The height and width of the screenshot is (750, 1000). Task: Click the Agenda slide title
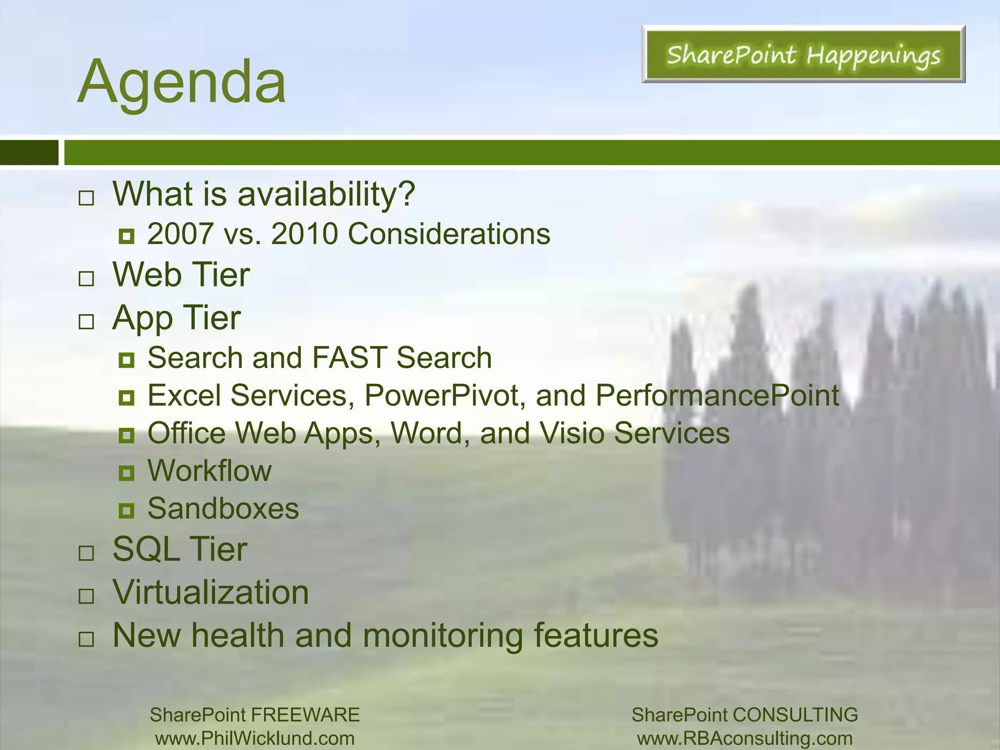click(x=182, y=82)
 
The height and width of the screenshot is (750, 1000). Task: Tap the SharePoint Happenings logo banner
click(x=803, y=54)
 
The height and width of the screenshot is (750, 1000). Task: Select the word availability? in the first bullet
click(x=326, y=194)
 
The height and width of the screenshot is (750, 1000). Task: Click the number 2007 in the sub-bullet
click(x=180, y=234)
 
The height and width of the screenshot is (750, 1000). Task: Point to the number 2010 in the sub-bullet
click(x=304, y=234)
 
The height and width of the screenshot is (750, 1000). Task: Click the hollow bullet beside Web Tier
click(x=86, y=279)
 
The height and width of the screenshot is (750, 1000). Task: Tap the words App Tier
click(x=176, y=318)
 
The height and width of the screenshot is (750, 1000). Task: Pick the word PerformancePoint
click(x=717, y=396)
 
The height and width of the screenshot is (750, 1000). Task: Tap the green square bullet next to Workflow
click(x=126, y=473)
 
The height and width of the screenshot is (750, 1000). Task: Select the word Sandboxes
click(x=223, y=509)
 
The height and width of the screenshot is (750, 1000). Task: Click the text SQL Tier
click(x=180, y=550)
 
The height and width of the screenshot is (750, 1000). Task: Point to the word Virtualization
click(x=211, y=593)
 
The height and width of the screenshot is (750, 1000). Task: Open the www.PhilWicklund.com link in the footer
click(x=255, y=738)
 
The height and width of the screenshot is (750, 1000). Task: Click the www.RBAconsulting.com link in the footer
click(x=745, y=738)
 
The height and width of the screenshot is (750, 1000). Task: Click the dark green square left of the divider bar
click(x=29, y=152)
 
